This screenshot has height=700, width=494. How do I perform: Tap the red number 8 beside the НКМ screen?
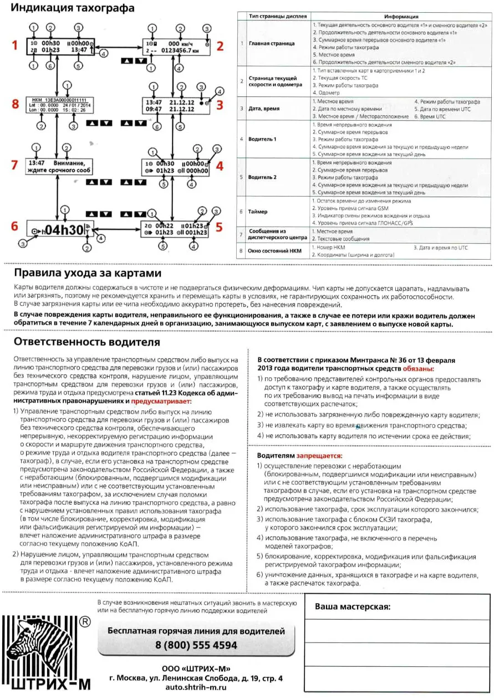(15, 104)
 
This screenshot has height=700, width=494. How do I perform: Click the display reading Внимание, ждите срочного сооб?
(58, 167)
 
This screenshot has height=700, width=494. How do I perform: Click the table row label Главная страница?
(272, 43)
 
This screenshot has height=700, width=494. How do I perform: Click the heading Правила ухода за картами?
(88, 274)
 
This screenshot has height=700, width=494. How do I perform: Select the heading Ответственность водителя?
(87, 342)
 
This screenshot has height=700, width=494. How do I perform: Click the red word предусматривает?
(161, 400)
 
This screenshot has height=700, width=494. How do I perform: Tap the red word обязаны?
(419, 368)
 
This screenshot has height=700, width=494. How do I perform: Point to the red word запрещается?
(320, 456)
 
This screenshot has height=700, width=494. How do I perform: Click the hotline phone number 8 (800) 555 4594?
(196, 645)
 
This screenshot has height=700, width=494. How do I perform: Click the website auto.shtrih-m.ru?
(196, 687)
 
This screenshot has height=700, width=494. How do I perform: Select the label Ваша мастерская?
(353, 606)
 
